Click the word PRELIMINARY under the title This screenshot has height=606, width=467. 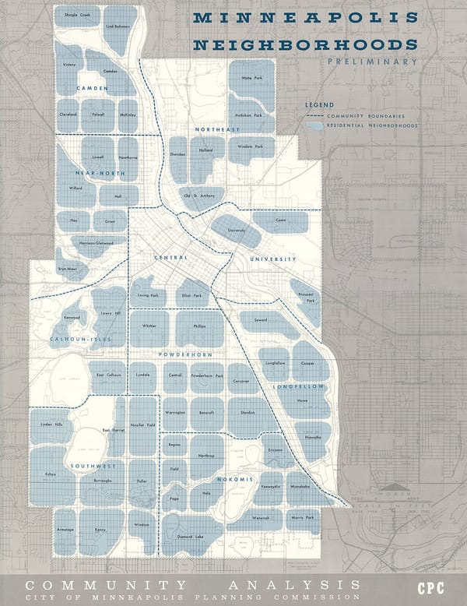[372, 61]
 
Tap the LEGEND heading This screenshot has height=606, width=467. [319, 104]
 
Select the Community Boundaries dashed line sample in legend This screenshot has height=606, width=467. [314, 116]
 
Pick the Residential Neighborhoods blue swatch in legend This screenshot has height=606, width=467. [314, 125]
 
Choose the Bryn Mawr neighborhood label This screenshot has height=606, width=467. [67, 269]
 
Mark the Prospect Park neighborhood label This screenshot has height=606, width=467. [306, 297]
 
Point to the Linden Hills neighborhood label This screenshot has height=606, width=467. [51, 424]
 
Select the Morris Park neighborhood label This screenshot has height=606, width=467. [303, 517]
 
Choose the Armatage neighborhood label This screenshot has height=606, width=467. [65, 530]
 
